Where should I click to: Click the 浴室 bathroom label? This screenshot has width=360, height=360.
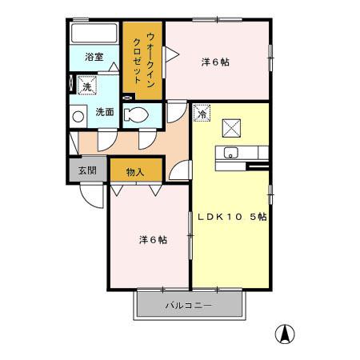tap(94, 57)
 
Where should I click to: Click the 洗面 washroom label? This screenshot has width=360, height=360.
tap(105, 112)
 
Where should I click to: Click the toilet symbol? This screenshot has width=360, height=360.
tap(138, 114)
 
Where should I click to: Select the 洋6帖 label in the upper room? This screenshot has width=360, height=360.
tap(214, 62)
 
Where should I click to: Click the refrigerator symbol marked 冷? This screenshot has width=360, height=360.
tap(202, 113)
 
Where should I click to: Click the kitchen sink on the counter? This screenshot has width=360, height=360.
tap(230, 153)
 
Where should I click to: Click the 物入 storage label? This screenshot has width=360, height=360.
tap(135, 171)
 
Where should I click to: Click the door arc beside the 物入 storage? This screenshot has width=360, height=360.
tap(183, 170)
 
